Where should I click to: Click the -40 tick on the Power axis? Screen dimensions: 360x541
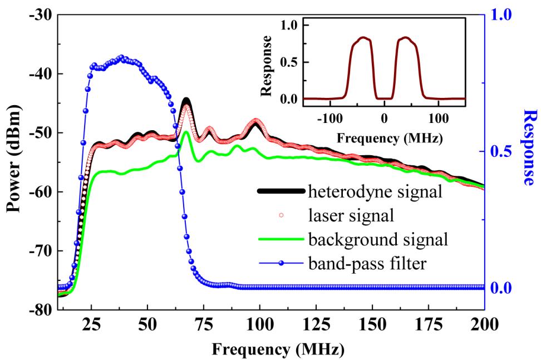click(40, 74)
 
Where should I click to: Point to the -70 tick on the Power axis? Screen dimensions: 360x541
click(40, 251)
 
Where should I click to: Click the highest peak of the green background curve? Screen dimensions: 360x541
click(186, 132)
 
